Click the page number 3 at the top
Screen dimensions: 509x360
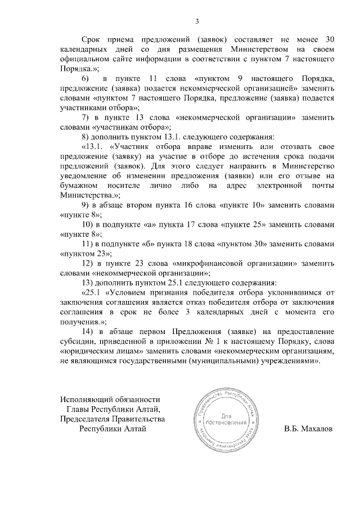click(197, 22)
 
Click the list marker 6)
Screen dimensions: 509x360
click(85, 76)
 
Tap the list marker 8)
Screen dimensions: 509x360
click(85, 137)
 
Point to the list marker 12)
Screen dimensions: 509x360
click(88, 264)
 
